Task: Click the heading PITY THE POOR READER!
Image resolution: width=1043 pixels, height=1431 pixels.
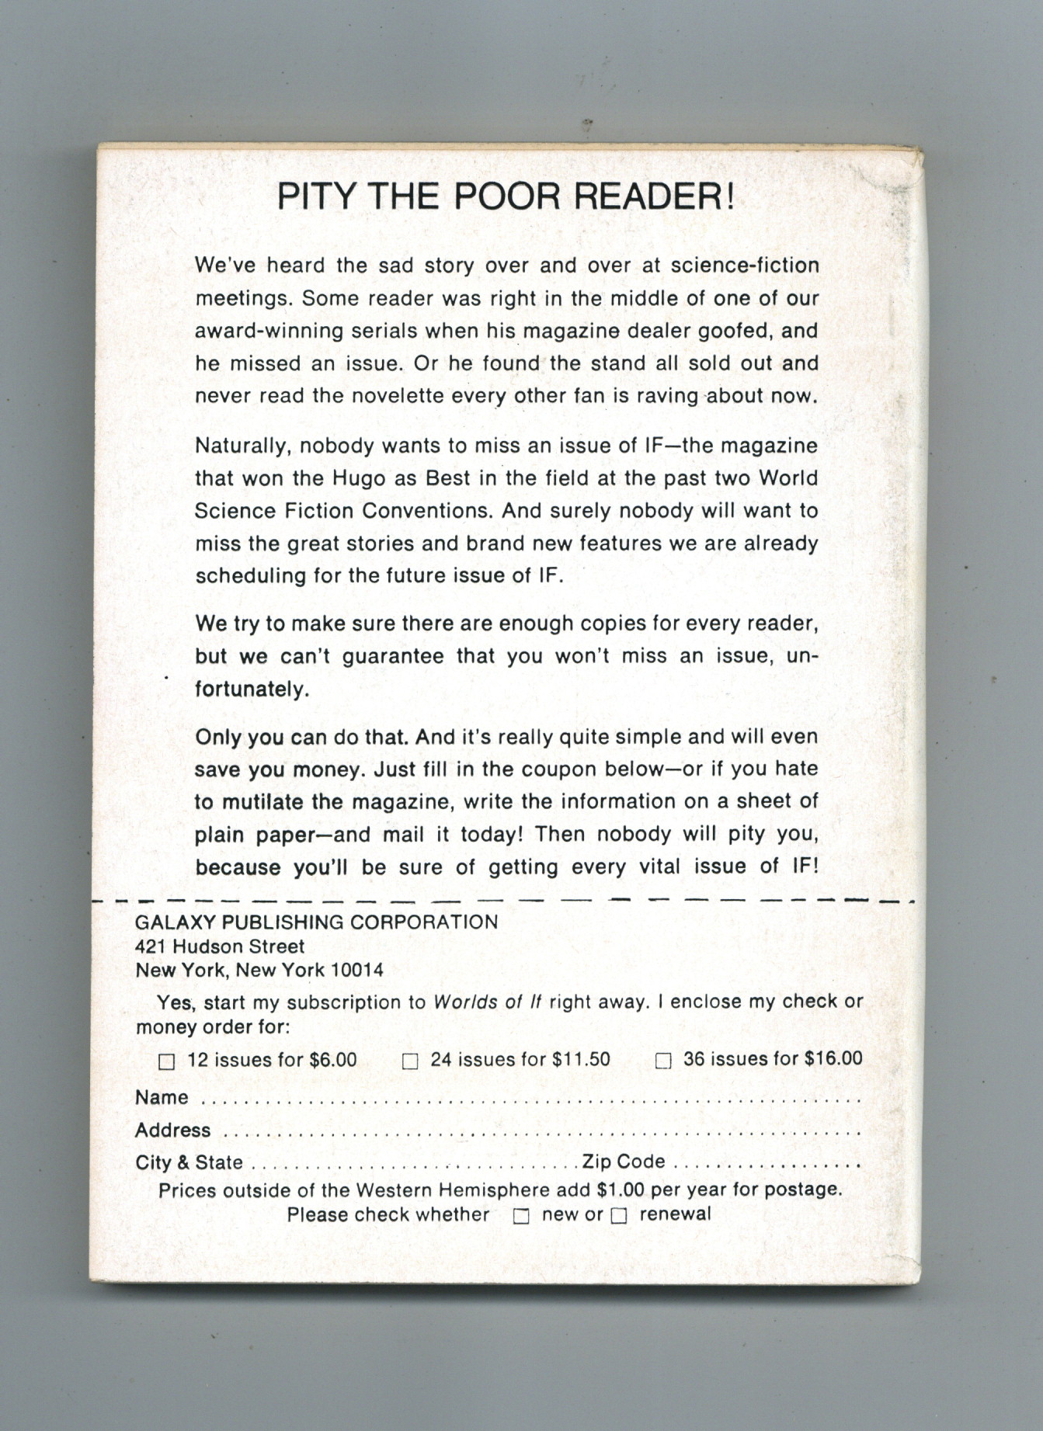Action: [x=506, y=196]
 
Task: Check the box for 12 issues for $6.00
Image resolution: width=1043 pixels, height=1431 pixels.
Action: [x=166, y=1061]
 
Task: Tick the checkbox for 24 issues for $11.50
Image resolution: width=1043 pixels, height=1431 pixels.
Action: [x=410, y=1061]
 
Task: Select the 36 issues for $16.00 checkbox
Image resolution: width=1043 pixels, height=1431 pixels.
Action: [x=662, y=1061]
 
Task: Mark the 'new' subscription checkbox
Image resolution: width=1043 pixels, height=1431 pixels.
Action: [x=521, y=1217]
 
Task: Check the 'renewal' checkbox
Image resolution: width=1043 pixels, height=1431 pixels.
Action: [x=618, y=1217]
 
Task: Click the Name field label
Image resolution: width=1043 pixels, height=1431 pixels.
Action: [x=162, y=1097]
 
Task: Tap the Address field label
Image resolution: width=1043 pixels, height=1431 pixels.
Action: [x=172, y=1130]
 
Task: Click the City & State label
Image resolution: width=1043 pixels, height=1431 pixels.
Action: [x=189, y=1162]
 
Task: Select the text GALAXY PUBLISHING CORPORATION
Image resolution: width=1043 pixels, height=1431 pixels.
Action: [x=316, y=922]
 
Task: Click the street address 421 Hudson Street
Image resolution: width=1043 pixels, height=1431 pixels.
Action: [x=220, y=946]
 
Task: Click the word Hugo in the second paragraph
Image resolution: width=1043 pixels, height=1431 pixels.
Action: [x=359, y=479]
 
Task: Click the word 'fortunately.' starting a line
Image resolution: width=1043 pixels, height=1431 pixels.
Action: [x=252, y=689]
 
